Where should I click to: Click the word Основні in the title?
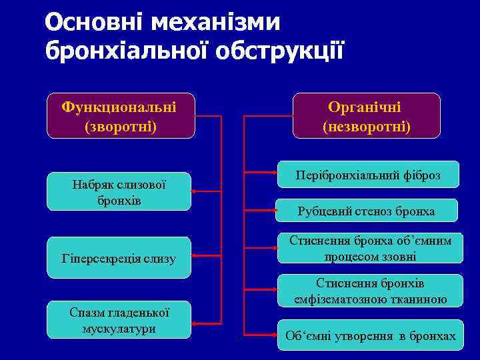coord(93,22)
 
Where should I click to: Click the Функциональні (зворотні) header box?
coord(119,115)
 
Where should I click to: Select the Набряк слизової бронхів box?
coord(119,192)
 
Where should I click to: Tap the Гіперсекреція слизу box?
coord(119,257)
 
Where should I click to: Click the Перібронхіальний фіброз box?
coord(368,175)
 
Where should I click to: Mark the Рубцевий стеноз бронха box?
coord(367,211)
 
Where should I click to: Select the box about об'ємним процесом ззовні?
coord(369,248)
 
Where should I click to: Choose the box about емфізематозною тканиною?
coord(370,291)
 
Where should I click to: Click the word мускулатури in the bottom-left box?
coord(119,329)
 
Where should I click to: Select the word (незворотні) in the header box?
coord(367,125)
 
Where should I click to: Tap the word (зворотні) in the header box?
coord(121,125)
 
